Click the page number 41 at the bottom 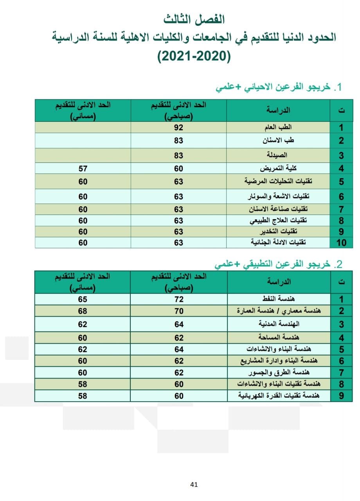point(194,485)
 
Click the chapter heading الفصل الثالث point(194,18)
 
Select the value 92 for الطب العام point(178,128)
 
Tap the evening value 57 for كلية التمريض point(83,169)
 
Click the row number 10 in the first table point(341,243)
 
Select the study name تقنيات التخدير point(278,231)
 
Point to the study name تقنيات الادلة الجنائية point(278,243)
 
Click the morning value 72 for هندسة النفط point(178,299)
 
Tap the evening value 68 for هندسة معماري point(83,311)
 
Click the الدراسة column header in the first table point(278,110)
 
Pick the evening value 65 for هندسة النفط point(83,299)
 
